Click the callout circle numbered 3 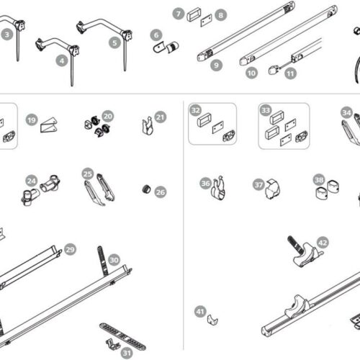pos(7,33)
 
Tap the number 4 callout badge pos(63,62)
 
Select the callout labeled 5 pos(115,42)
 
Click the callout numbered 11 pos(290,72)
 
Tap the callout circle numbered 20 pos(107,115)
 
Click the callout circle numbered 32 pos(196,110)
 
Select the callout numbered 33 pos(265,110)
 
